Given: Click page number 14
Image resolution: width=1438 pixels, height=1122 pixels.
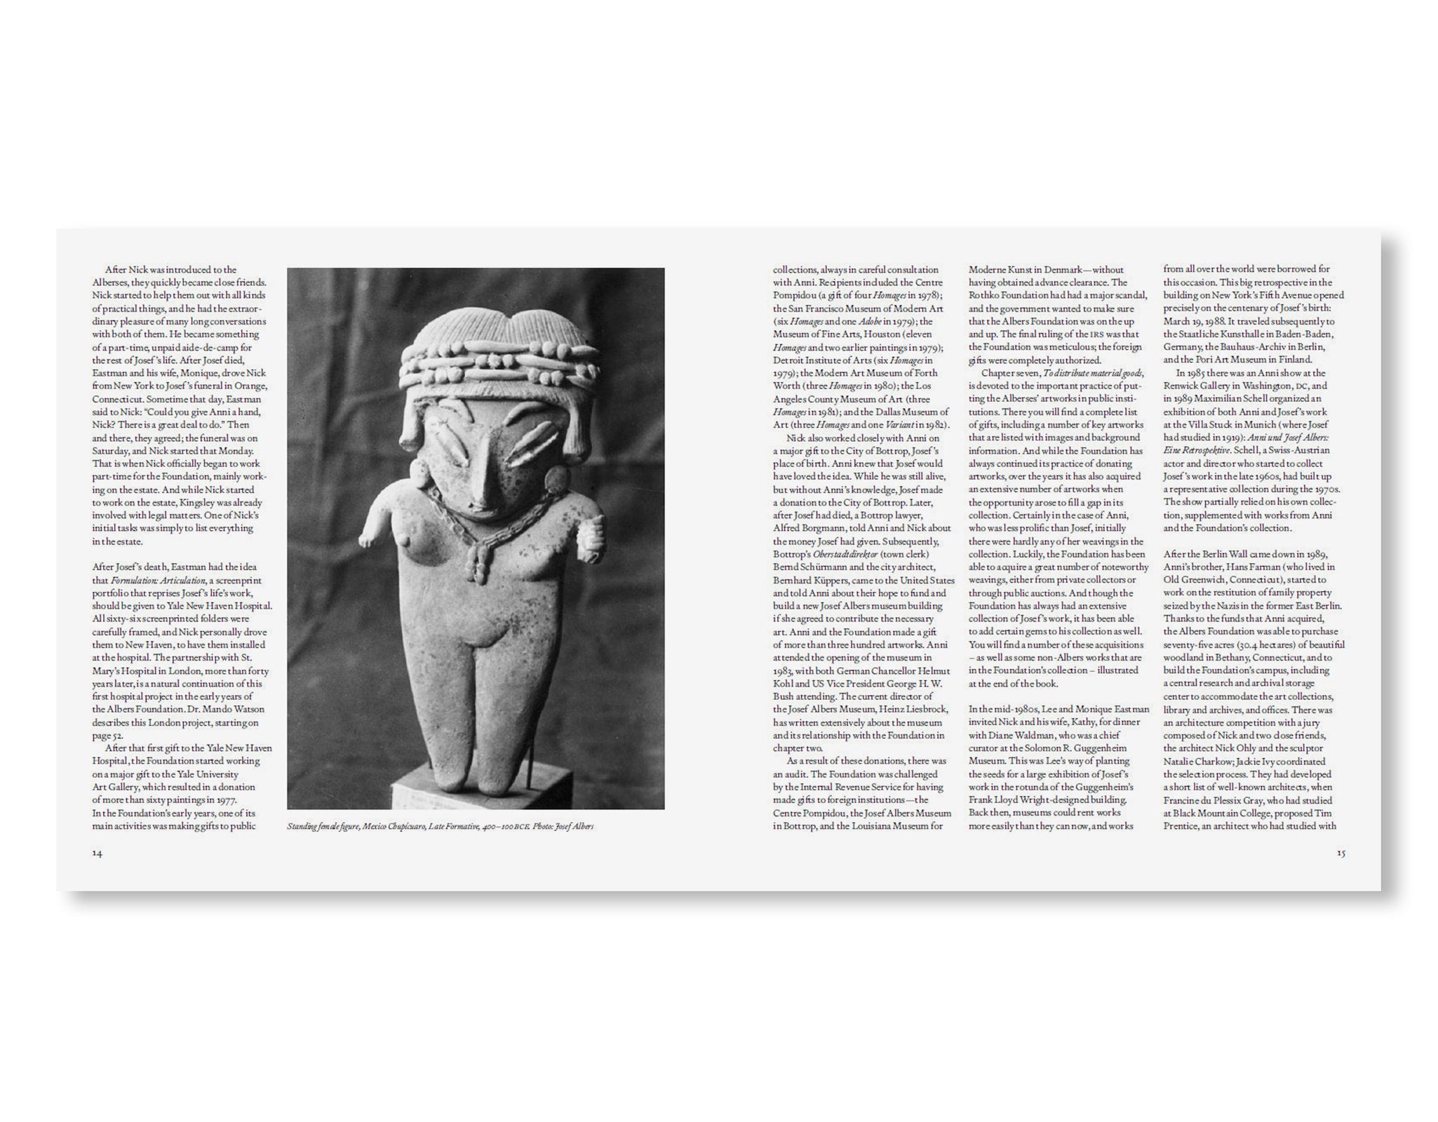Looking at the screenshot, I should coord(98,853).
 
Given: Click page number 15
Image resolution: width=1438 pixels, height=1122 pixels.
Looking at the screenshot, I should coord(1340,853).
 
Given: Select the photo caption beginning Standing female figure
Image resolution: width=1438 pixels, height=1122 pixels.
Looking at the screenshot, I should coord(440,827).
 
